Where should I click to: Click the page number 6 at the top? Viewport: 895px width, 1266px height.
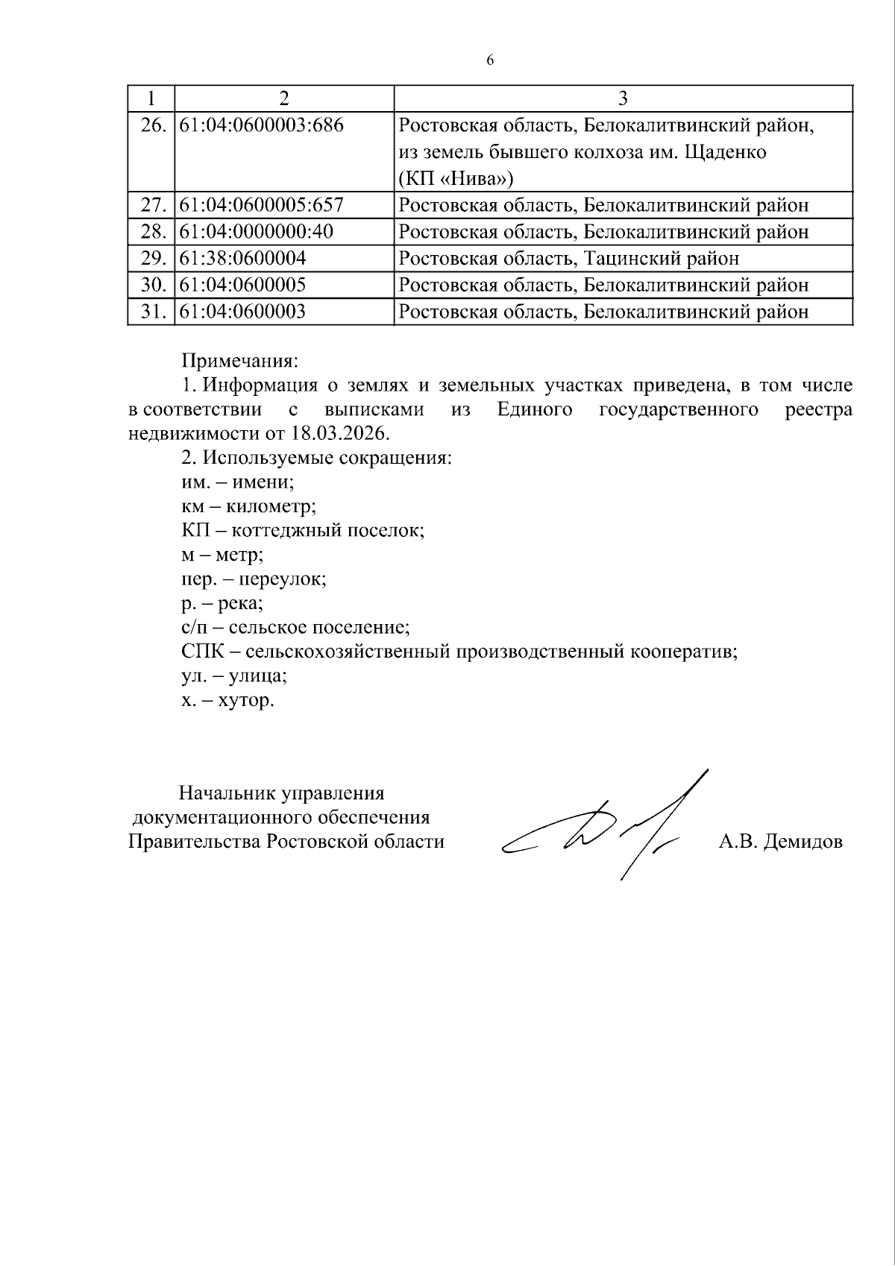[x=489, y=61]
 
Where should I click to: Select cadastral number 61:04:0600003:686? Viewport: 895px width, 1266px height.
[x=262, y=125]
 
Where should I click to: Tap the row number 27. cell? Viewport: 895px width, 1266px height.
[x=152, y=205]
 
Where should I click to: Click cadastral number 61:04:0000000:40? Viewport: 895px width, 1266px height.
[x=256, y=232]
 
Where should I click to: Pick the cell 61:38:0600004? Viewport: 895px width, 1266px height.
[x=243, y=259]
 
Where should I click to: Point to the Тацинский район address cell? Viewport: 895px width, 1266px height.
[x=569, y=259]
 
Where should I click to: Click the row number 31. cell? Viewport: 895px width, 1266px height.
[x=152, y=312]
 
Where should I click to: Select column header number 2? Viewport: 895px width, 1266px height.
[x=283, y=98]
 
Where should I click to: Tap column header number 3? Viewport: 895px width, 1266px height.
[x=623, y=98]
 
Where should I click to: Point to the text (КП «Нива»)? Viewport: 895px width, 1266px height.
[x=456, y=179]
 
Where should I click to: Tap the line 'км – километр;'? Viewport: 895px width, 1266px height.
[x=248, y=506]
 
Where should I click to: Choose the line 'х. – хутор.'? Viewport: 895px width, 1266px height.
[x=227, y=701]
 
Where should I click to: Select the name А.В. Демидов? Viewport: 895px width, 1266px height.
[x=780, y=842]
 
